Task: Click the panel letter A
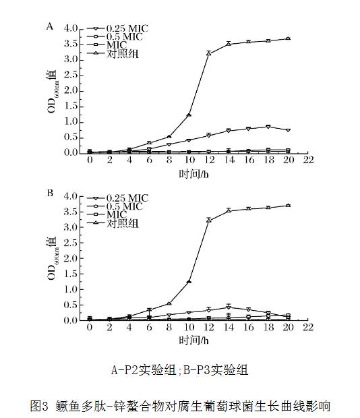pyautogui.click(x=49, y=27)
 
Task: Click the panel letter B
pyautogui.click(x=49, y=193)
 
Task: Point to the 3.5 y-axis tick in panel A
pyautogui.click(x=72, y=44)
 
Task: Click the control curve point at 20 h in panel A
pyautogui.click(x=288, y=38)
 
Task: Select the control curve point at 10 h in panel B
pyautogui.click(x=189, y=281)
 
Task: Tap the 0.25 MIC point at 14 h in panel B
pyautogui.click(x=229, y=306)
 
